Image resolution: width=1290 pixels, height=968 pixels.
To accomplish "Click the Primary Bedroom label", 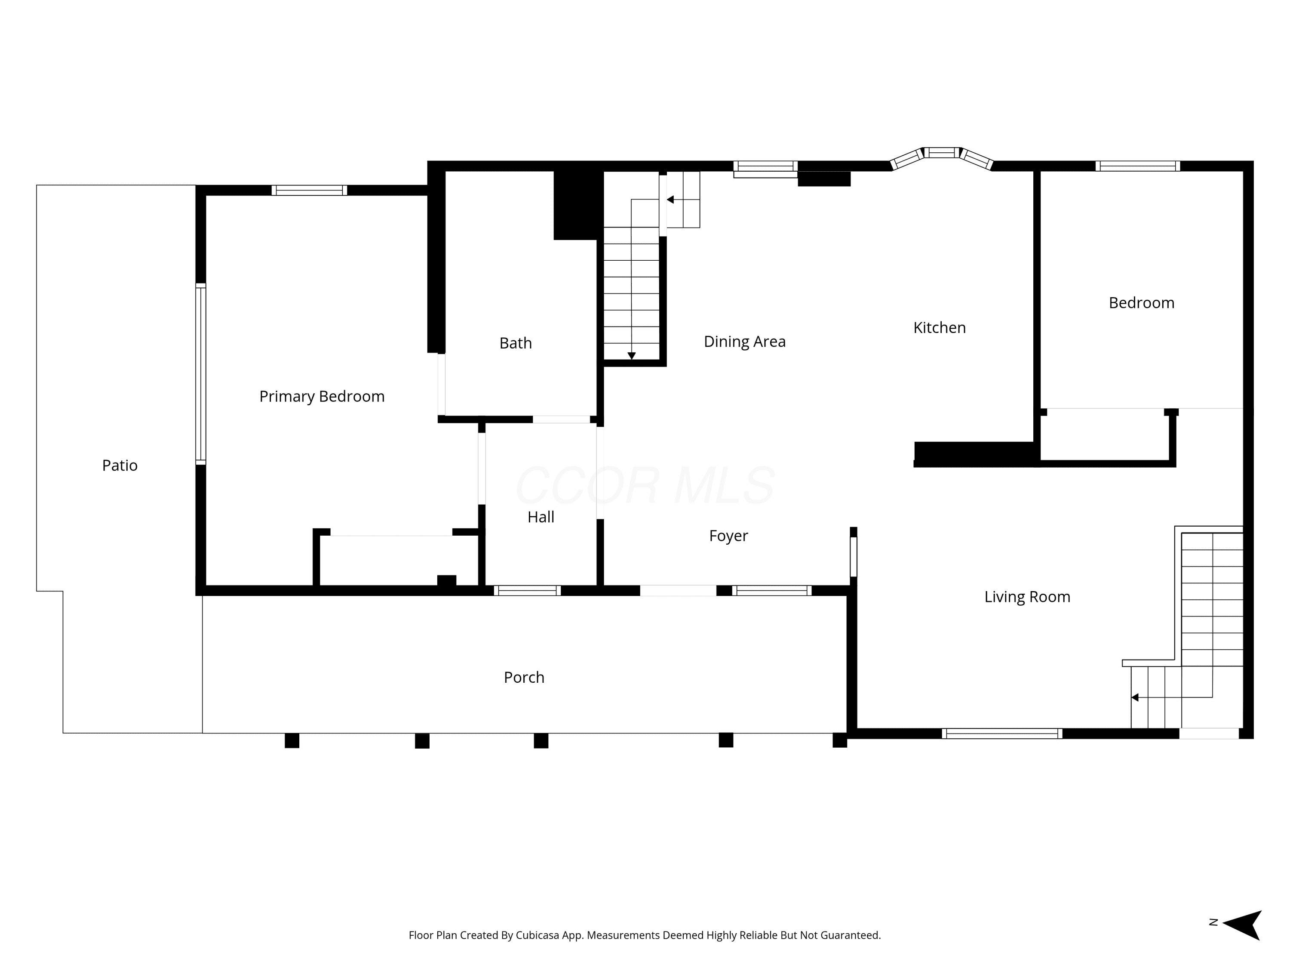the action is coord(322,397).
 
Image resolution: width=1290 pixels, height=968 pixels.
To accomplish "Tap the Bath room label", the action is coord(516,343).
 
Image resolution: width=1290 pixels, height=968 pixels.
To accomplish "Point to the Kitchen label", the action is coord(940,328).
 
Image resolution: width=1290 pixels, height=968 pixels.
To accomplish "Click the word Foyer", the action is coord(728,536).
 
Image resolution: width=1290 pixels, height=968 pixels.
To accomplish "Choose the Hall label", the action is coord(541,517).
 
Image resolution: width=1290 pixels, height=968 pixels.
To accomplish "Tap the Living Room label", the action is coord(1027,597).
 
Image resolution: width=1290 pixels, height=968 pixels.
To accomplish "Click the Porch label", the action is coord(524,678).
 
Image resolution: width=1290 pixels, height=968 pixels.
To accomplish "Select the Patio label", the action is coord(120,466).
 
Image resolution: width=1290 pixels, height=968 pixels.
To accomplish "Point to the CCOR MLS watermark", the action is coord(645,485).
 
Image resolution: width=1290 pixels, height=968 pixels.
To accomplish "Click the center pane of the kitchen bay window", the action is coord(941,153).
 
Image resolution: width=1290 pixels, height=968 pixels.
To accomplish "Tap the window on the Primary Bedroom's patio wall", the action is coord(201,373).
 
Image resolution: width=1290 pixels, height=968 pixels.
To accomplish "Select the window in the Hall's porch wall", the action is coord(527,591).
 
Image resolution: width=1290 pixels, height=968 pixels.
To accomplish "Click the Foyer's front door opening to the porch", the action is coord(678,591).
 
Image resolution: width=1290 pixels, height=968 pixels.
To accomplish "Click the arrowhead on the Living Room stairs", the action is coord(1135,697).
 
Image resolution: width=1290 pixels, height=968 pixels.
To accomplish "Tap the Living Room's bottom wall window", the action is coord(1002,734).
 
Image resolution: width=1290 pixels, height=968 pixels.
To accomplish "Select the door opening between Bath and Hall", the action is coord(562,419).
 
